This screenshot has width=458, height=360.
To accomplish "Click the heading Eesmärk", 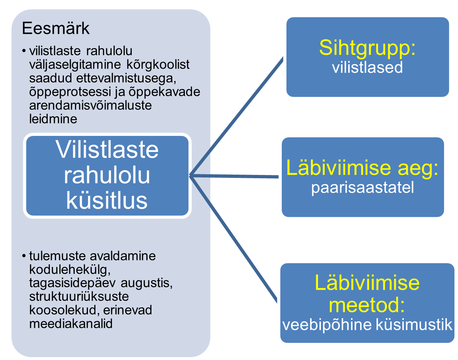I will click(x=56, y=29).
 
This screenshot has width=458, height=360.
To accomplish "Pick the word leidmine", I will click(x=53, y=119).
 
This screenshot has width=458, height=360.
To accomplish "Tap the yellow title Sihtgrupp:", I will click(x=367, y=47).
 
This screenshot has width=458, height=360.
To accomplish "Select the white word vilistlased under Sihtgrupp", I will click(x=367, y=67).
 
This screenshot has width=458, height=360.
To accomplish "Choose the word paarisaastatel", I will click(x=363, y=188).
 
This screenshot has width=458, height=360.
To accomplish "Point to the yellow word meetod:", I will click(x=366, y=305).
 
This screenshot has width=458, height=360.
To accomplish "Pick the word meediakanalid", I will click(x=71, y=323).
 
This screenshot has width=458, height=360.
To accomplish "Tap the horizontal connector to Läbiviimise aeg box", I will click(x=233, y=176).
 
